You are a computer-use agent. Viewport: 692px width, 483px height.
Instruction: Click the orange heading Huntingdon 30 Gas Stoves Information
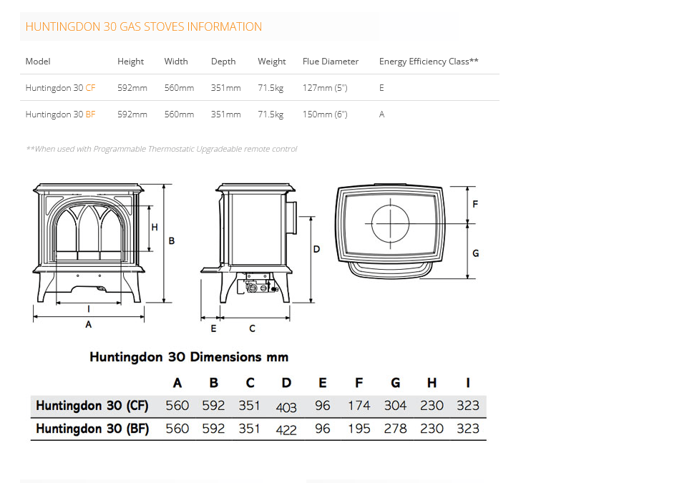click(143, 27)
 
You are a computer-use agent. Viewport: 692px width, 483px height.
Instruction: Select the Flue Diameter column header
click(331, 62)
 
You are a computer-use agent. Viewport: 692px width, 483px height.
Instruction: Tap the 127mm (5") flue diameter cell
click(325, 88)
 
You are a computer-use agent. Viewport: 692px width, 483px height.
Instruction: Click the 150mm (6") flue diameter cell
click(325, 114)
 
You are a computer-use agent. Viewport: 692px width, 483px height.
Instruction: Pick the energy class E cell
click(381, 88)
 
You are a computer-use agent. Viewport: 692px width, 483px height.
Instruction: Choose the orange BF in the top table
click(90, 114)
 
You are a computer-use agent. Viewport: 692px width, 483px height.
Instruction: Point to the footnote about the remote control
click(162, 149)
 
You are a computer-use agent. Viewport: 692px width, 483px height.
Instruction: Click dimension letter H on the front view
click(155, 227)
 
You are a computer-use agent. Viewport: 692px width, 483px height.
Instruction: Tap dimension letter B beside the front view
click(172, 241)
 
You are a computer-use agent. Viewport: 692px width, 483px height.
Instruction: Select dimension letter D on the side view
click(316, 249)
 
